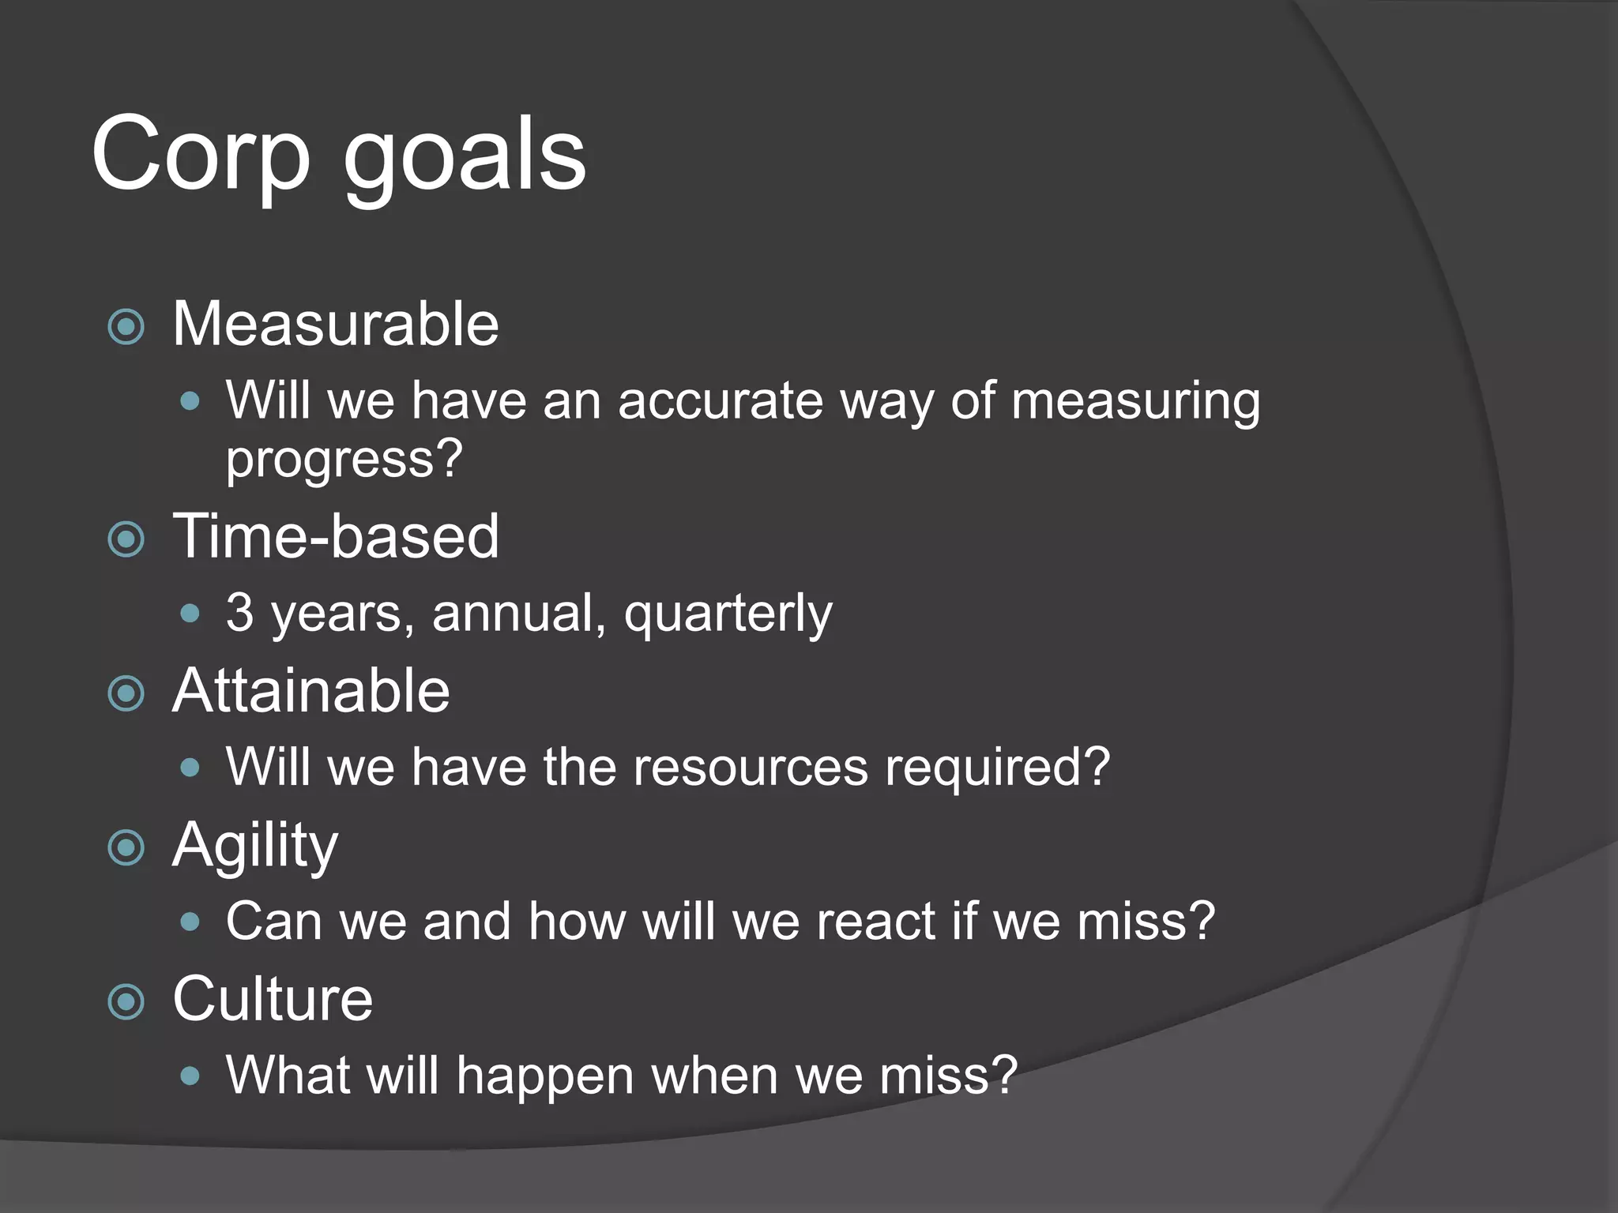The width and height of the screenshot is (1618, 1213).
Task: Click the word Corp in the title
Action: coord(201,154)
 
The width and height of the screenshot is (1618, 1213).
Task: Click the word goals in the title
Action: coord(465,154)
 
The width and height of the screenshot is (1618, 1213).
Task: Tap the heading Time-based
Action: coord(335,536)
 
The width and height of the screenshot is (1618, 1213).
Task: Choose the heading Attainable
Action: coord(310,691)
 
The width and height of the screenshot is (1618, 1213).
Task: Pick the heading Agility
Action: coord(254,846)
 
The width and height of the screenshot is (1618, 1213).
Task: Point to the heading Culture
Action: coord(272,999)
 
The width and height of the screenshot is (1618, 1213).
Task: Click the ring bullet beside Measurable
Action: coord(126,327)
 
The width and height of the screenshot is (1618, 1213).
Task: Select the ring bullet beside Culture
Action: coord(126,1002)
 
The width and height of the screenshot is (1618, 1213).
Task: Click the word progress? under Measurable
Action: coord(344,459)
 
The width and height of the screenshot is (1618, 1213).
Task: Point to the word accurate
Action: coord(719,400)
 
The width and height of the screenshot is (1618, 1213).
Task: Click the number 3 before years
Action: coord(239,612)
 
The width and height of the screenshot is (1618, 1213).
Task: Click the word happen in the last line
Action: coord(545,1076)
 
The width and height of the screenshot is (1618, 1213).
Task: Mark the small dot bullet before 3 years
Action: coord(190,614)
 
